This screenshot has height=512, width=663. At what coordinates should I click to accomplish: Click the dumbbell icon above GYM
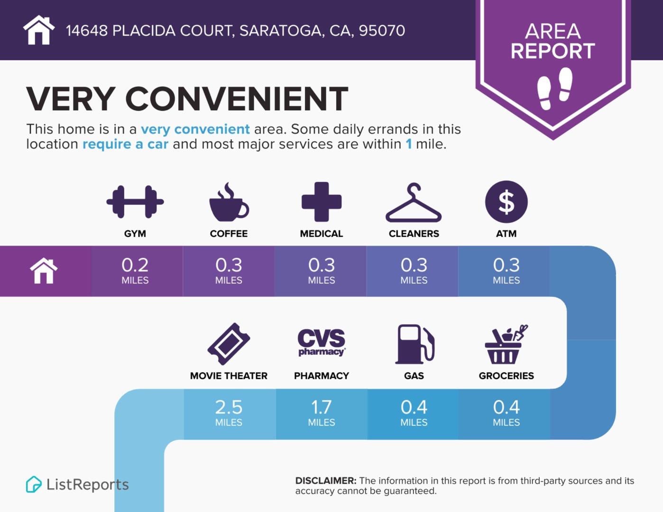click(135, 202)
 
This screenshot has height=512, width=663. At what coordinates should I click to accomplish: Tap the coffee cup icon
click(229, 203)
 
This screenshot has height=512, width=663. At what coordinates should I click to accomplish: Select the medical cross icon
click(322, 202)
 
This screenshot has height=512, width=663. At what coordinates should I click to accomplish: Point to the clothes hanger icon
click(414, 203)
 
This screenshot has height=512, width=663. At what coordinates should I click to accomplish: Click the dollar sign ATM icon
click(506, 202)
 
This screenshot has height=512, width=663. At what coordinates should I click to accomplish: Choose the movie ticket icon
click(229, 344)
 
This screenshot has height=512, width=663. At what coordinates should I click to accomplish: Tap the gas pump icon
click(414, 344)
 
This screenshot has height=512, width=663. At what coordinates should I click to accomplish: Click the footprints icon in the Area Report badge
click(554, 88)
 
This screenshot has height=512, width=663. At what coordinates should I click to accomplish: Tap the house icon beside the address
click(39, 30)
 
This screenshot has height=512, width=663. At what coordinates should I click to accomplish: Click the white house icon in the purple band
click(44, 271)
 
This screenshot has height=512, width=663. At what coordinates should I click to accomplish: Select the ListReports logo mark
click(34, 484)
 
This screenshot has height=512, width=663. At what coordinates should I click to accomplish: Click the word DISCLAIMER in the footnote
click(325, 481)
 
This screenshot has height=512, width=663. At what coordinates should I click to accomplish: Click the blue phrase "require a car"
click(125, 144)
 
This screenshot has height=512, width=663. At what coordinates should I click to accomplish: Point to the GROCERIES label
click(506, 376)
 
